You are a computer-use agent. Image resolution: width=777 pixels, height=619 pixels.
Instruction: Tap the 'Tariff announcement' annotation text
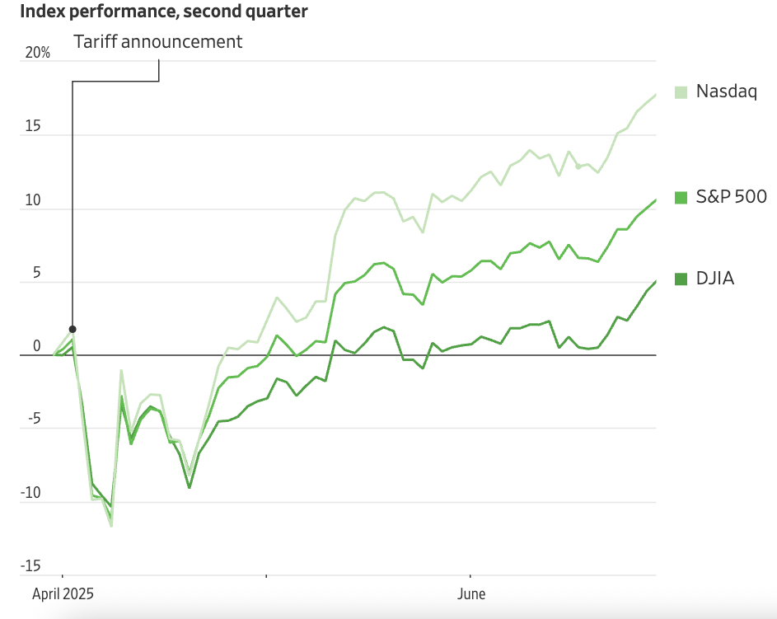(x=158, y=41)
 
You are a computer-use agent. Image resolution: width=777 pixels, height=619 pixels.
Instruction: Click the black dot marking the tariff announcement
(x=73, y=329)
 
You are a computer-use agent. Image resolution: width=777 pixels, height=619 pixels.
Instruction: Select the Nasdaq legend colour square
(x=681, y=91)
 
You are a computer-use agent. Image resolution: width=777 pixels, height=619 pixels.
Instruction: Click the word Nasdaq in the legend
(x=726, y=91)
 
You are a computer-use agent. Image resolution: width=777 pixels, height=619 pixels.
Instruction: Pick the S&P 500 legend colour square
(x=681, y=197)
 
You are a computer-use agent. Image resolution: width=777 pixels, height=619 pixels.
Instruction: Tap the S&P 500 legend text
(x=731, y=197)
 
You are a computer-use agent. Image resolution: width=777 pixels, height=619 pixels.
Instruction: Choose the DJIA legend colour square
(x=681, y=279)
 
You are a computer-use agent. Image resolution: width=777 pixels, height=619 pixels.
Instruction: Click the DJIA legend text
(x=714, y=279)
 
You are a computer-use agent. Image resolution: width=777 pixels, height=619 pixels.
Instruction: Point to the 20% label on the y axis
(x=38, y=53)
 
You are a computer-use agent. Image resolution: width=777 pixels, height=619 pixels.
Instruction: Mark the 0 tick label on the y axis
(x=36, y=346)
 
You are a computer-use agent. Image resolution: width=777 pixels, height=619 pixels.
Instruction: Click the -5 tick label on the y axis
(x=33, y=420)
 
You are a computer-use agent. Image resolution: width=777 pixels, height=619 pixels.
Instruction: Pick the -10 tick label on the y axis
(x=31, y=493)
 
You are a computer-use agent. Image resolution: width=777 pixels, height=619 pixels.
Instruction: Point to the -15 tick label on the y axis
(x=31, y=565)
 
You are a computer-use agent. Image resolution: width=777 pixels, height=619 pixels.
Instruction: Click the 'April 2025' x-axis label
(x=63, y=593)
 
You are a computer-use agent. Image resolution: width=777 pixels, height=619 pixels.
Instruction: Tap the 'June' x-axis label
(x=471, y=593)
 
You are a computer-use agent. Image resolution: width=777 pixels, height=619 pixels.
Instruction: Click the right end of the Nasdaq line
(x=656, y=95)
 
